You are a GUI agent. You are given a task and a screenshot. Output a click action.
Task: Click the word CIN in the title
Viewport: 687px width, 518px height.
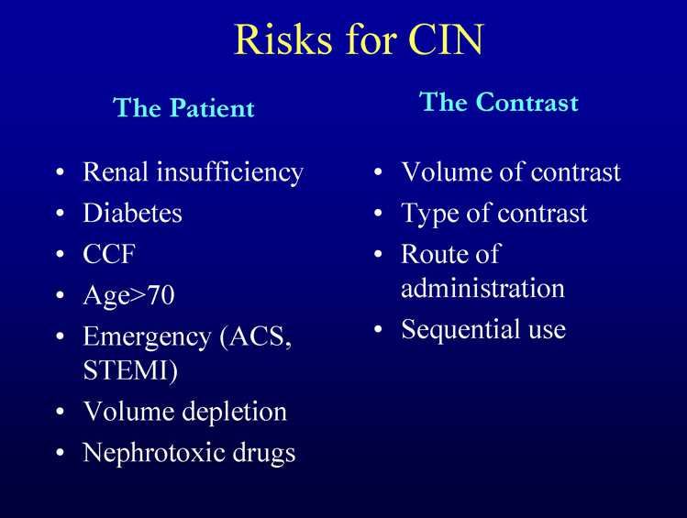tap(446, 39)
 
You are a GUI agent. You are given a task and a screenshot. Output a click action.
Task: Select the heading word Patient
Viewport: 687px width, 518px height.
tap(212, 107)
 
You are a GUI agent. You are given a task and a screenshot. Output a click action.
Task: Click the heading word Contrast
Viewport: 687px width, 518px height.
tap(527, 102)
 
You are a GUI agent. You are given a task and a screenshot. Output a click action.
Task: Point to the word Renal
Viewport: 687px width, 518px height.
tap(116, 171)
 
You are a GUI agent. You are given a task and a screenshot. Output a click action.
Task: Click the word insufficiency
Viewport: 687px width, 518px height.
tap(230, 173)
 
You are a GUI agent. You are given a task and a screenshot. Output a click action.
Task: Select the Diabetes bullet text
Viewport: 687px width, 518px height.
tap(132, 213)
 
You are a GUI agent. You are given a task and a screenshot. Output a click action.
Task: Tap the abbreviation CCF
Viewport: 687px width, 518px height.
tap(109, 254)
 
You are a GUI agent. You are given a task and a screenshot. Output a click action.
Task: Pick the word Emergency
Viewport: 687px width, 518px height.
tap(147, 338)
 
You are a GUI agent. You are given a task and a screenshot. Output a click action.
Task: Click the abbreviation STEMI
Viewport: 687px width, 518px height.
tap(126, 370)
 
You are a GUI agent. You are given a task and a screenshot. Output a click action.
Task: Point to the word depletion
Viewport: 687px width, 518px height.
tap(235, 413)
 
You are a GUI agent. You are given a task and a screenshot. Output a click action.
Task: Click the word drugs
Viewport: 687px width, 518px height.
tap(264, 454)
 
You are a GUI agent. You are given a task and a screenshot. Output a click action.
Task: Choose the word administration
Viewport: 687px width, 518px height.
tap(482, 288)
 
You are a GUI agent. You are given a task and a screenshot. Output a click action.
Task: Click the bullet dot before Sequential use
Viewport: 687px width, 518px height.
tap(378, 330)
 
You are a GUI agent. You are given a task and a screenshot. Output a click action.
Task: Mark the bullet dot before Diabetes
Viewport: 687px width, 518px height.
tap(61, 214)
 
